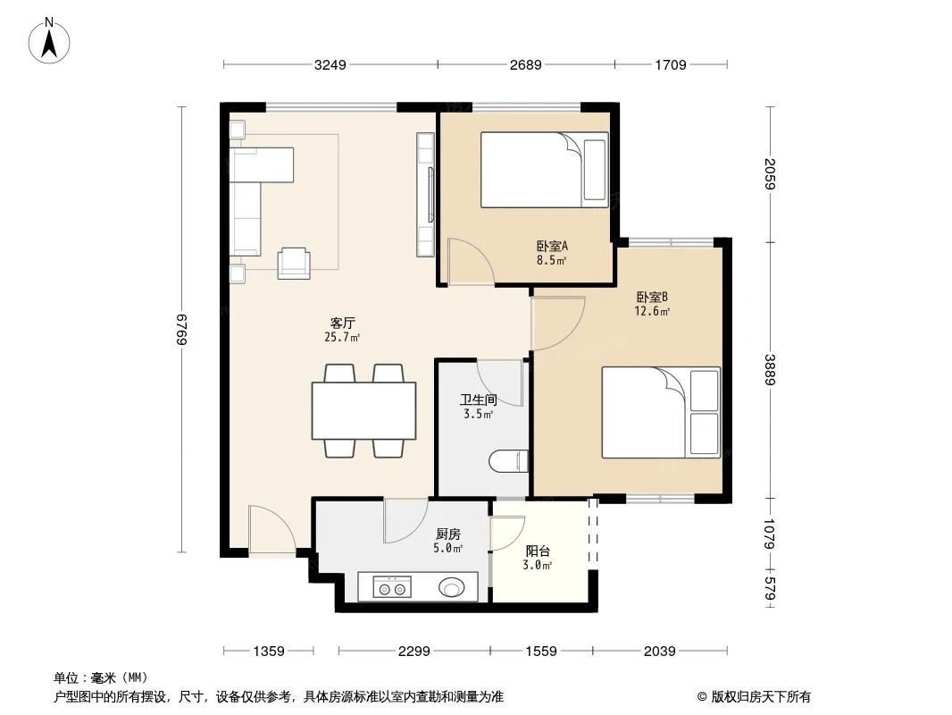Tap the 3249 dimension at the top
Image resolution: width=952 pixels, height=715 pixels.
[330, 64]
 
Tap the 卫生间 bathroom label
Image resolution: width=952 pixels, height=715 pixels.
[478, 408]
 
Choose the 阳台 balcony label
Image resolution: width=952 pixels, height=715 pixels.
[537, 558]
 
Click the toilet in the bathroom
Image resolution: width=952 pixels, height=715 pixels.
[508, 461]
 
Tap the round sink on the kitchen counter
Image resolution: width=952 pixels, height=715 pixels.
[452, 587]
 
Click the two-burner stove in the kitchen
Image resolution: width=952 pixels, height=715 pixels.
[391, 588]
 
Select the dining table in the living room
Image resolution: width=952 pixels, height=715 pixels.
[363, 410]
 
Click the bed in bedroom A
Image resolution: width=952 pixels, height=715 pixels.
[544, 170]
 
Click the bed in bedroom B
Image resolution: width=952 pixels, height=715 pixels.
[660, 412]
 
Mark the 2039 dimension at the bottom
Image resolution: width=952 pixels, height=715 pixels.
[659, 652]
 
